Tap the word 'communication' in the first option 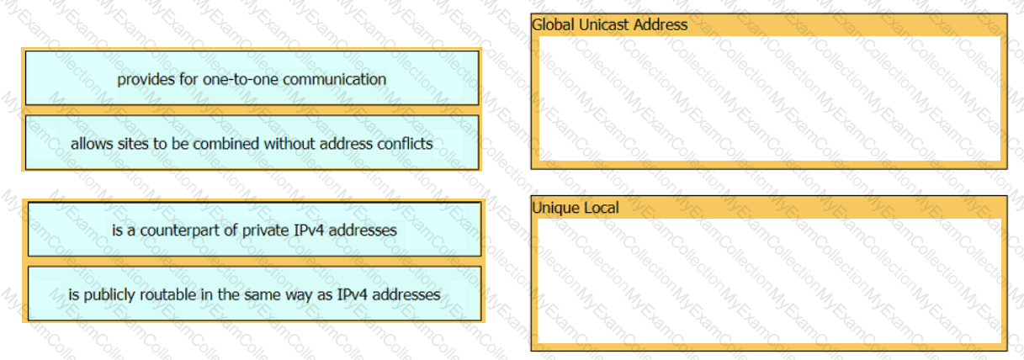[x=335, y=80]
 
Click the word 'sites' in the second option [x=134, y=144]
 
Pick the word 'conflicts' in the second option [x=405, y=144]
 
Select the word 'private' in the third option [x=266, y=230]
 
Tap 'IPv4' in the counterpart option [x=309, y=230]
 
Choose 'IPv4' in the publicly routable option [x=353, y=294]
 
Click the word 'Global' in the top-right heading [x=553, y=24]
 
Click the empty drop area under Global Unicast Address [x=770, y=98]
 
